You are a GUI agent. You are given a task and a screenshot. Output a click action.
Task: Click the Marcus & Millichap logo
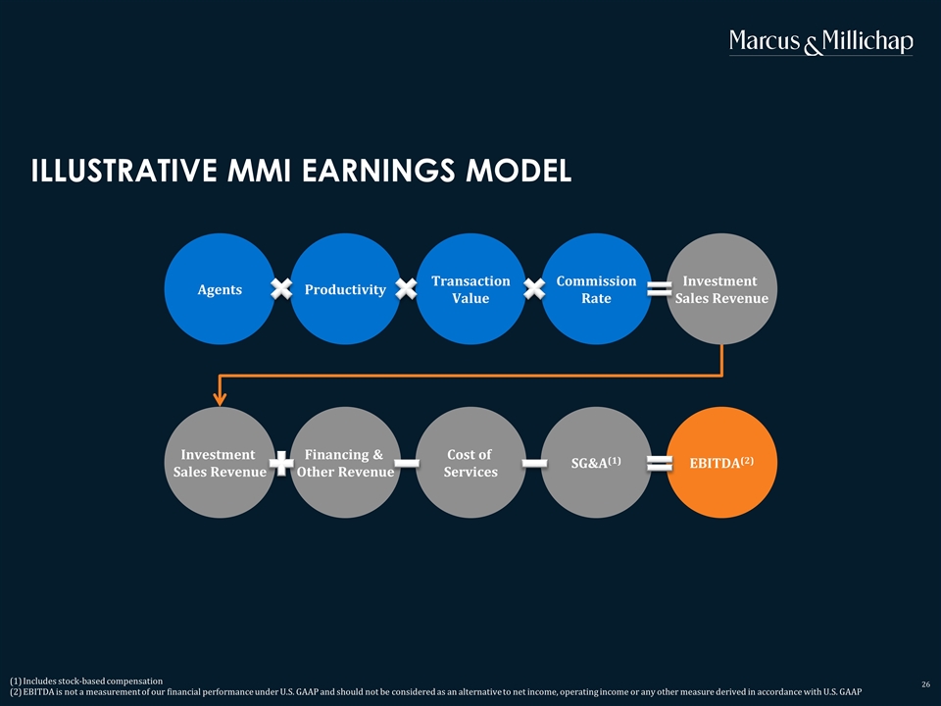[821, 42]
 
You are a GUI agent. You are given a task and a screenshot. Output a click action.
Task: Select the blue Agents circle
[220, 288]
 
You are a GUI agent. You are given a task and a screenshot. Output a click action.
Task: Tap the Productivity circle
[345, 288]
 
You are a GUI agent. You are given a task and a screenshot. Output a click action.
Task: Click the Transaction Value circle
[470, 288]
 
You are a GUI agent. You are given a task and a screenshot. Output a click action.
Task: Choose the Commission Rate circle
[596, 288]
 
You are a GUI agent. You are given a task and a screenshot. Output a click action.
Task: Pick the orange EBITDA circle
[721, 462]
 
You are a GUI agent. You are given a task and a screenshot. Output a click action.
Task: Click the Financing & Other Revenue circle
[345, 462]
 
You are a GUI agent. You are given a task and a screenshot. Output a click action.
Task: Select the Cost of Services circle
[470, 462]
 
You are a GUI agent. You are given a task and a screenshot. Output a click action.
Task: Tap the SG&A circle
[596, 462]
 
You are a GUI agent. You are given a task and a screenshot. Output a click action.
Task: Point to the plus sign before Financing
[281, 463]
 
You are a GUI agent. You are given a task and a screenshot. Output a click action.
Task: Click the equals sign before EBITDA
[659, 464]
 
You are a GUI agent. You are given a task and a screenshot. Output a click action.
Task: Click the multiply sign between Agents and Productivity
[281, 288]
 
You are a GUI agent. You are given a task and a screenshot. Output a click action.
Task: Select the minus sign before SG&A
[534, 463]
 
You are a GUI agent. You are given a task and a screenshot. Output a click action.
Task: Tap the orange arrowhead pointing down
[221, 399]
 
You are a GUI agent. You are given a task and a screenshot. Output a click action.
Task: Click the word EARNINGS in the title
[378, 171]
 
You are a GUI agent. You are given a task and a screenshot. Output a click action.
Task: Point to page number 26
[926, 684]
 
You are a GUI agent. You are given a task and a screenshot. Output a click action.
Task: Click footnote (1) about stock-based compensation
[86, 681]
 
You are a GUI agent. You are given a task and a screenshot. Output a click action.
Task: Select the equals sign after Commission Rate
[659, 289]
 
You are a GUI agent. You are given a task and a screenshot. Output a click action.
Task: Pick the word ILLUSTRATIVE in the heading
[124, 171]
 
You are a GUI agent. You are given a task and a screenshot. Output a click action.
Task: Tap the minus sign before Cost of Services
[407, 463]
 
